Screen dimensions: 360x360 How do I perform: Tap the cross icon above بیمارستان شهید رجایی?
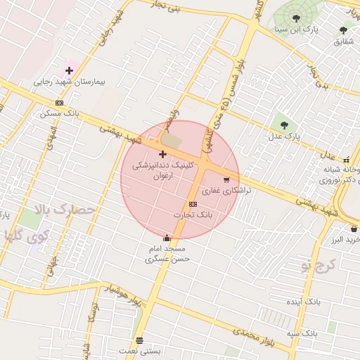(69, 70)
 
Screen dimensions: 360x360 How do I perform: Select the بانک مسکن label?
(59, 112)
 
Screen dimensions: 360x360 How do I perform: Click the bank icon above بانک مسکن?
(59, 103)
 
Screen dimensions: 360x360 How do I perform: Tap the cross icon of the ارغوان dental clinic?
(162, 153)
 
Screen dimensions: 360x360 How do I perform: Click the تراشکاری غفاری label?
(226, 191)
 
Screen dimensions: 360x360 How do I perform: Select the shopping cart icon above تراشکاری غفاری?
(226, 180)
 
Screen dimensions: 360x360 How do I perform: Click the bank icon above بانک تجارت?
(193, 204)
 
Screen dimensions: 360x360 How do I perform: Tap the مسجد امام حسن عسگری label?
(165, 255)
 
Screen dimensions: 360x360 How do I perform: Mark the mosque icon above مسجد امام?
(166, 238)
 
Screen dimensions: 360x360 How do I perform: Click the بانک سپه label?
(303, 332)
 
